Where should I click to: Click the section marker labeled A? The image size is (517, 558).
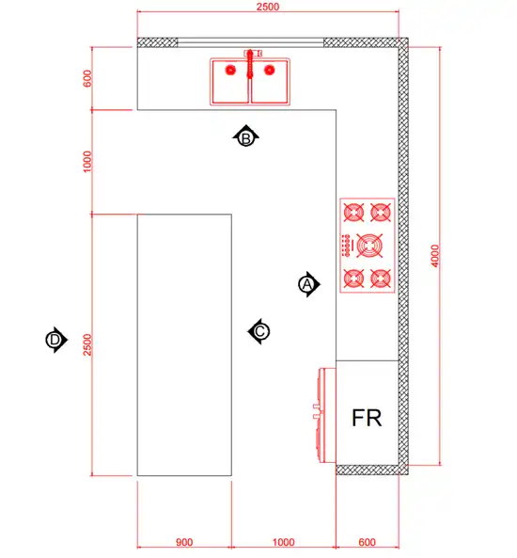click(308, 284)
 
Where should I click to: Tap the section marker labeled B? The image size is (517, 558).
click(245, 137)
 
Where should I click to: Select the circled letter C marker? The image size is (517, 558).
click(258, 331)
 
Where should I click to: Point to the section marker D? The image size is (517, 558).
click(56, 340)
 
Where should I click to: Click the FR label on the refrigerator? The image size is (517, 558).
click(367, 418)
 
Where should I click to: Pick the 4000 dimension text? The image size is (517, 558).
click(435, 256)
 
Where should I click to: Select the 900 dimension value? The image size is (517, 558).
click(184, 542)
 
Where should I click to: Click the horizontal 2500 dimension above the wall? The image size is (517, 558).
click(268, 7)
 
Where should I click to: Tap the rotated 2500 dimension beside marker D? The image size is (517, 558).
click(87, 344)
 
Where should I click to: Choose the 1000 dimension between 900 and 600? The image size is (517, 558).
click(283, 542)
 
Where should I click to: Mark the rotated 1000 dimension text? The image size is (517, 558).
click(87, 162)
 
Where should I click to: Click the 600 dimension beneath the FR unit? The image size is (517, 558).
click(367, 542)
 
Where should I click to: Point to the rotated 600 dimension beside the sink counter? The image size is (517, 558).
click(87, 78)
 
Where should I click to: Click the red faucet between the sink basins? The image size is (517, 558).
click(250, 64)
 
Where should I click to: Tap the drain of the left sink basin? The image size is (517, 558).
click(230, 71)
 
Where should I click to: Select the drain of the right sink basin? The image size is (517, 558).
click(270, 71)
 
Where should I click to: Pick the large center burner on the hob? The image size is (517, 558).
click(369, 246)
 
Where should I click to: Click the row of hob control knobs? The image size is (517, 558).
click(346, 246)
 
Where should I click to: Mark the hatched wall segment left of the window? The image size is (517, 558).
click(158, 42)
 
